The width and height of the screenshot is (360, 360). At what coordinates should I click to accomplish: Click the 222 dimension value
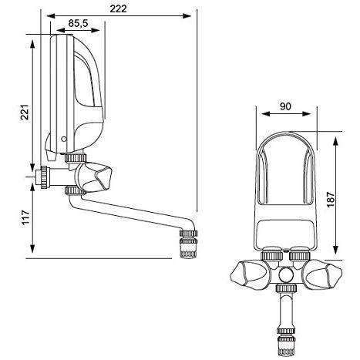coord(118,8)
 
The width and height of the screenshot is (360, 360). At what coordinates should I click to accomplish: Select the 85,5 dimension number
coord(78,23)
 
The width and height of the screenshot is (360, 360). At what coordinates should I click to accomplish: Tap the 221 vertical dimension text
coord(25,112)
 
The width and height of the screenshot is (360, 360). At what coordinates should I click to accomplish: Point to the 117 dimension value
coord(25,217)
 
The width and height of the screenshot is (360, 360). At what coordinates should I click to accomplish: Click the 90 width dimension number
coord(285,106)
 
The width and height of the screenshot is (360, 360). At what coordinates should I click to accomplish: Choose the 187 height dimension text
coord(331,200)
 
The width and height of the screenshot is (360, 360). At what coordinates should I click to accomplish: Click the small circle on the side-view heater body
coord(63,139)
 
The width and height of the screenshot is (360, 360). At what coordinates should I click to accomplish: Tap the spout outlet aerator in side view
coord(188,244)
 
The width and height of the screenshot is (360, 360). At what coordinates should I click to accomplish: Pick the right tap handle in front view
coord(323,274)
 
